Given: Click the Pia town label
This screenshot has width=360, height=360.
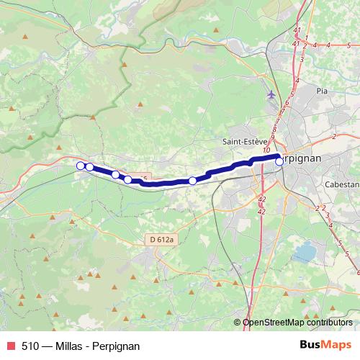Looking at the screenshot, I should point(322,91).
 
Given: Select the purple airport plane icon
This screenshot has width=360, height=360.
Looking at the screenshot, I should point(271,94).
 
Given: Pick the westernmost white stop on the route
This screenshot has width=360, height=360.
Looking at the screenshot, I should point(81,166).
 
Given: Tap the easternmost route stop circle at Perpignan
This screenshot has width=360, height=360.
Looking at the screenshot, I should point(279,161).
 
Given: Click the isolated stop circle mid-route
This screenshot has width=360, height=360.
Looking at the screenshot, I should point(192,180).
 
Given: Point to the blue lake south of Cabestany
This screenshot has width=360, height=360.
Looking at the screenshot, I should point(305,253).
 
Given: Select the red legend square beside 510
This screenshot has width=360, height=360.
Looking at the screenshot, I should point(9,346).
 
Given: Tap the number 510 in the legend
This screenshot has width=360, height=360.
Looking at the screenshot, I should point(30,346).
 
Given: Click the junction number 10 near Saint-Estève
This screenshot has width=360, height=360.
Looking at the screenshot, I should point(266,149).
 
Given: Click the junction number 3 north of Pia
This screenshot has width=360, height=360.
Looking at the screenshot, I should point(302,59).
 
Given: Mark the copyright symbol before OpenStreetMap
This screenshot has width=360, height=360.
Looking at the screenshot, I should point(238,323).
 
